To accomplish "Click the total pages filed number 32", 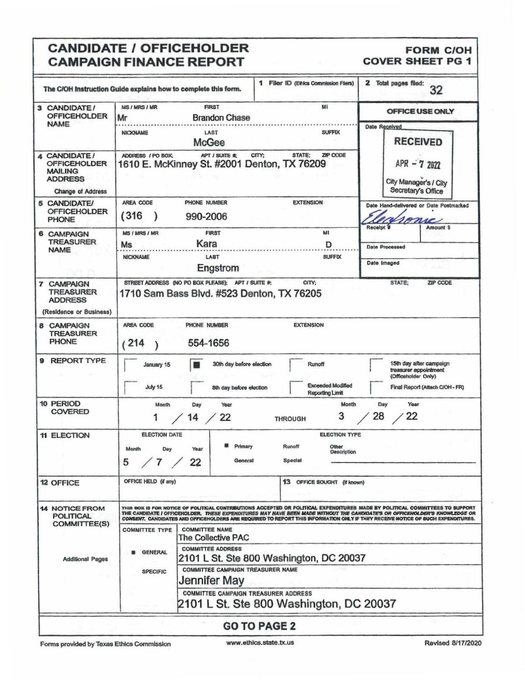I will (436, 90).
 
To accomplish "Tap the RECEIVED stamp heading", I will (418, 142).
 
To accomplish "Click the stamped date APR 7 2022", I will (418, 165).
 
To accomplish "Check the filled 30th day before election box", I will (196, 365).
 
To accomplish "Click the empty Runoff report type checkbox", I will (296, 365).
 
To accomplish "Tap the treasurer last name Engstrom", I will (217, 268).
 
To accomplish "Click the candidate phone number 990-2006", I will (206, 217).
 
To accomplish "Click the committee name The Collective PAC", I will (213, 538).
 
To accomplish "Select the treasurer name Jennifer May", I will (211, 581).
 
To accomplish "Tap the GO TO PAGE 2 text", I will (259, 626).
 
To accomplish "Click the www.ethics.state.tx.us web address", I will (260, 643).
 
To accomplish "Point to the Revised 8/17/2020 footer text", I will (452, 643).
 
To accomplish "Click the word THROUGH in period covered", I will (290, 419).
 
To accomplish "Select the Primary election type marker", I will (227, 446).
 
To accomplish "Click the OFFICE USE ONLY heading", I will (420, 112).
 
